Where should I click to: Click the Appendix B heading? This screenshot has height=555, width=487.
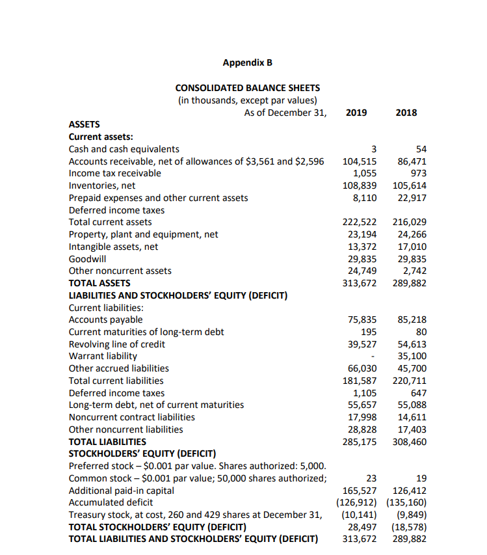tap(247, 63)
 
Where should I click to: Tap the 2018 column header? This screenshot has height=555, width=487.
tap(406, 113)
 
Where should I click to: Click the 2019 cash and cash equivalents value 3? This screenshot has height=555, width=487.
tap(374, 149)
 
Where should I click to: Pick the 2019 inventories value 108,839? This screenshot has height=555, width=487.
tap(360, 185)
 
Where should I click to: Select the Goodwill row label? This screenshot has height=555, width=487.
tap(87, 258)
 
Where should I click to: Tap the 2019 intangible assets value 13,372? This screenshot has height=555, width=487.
tap(362, 247)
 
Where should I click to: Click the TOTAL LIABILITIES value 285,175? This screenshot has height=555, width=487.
tap(360, 442)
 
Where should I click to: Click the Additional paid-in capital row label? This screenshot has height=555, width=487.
tap(122, 491)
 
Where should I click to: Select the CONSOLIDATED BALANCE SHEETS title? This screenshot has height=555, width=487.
tap(247, 88)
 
